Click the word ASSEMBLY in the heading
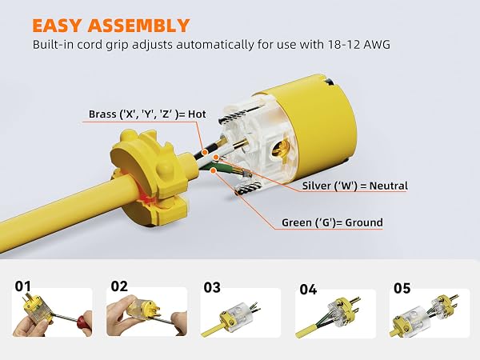pos(138,26)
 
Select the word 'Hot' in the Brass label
pos(197,114)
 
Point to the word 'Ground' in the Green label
pos(364,222)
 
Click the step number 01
pos(23,286)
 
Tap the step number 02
pos(119,286)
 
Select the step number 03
pos(212,288)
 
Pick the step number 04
pos(308,290)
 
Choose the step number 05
pos(402,288)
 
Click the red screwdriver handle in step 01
pos(84,320)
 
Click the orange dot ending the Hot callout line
pos(205,152)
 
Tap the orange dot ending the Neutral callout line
pos(216,158)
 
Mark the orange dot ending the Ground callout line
pos(214,170)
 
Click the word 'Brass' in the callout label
pos(103,114)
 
